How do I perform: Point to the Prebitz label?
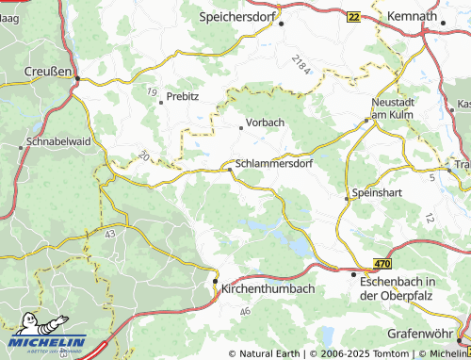pos(183,97)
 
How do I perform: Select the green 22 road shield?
pos(353,17)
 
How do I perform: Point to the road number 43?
pos(110,232)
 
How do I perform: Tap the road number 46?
pos(245,310)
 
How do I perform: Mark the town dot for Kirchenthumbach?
pos(215,281)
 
